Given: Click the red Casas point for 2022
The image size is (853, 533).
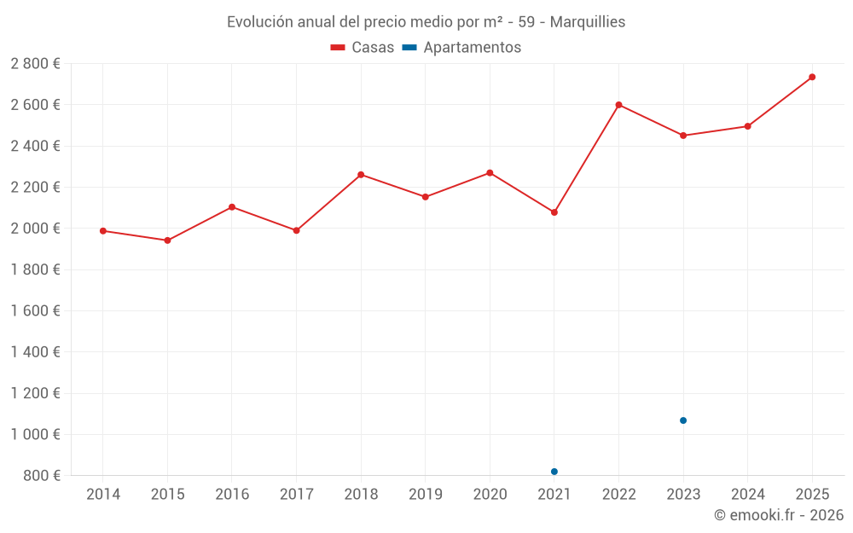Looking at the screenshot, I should pyautogui.click(x=618, y=105).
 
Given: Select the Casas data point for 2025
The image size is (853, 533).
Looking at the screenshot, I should pyautogui.click(x=812, y=77).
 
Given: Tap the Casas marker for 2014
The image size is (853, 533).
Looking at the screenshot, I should pyautogui.click(x=103, y=231).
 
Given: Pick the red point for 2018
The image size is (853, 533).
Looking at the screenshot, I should pyautogui.click(x=361, y=175).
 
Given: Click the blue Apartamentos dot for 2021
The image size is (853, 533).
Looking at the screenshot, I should pyautogui.click(x=554, y=472).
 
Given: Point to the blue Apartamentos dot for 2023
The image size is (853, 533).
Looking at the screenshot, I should pyautogui.click(x=683, y=420).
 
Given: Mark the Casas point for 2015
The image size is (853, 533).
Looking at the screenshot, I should pyautogui.click(x=167, y=240).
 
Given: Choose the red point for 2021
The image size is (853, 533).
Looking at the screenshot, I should pyautogui.click(x=554, y=212).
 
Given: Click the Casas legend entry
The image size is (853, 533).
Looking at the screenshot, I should pyautogui.click(x=363, y=48).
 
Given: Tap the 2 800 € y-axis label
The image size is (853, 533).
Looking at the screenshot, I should pyautogui.click(x=36, y=64).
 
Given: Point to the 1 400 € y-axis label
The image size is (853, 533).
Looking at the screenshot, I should pyautogui.click(x=36, y=352).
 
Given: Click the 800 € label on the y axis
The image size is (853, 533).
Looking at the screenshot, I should pyautogui.click(x=41, y=476).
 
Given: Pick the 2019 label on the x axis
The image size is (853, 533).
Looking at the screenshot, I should pyautogui.click(x=425, y=495).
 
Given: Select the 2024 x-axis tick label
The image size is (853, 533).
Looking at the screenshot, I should pyautogui.click(x=747, y=495).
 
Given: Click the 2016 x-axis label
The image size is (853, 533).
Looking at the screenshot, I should pyautogui.click(x=232, y=495).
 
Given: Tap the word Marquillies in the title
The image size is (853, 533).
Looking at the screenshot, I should pyautogui.click(x=587, y=22).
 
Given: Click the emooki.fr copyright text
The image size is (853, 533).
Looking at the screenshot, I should pyautogui.click(x=779, y=515).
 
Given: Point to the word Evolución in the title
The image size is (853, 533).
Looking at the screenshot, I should pyautogui.click(x=258, y=22).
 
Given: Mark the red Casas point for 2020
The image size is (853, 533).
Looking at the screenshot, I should pyautogui.click(x=490, y=173).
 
